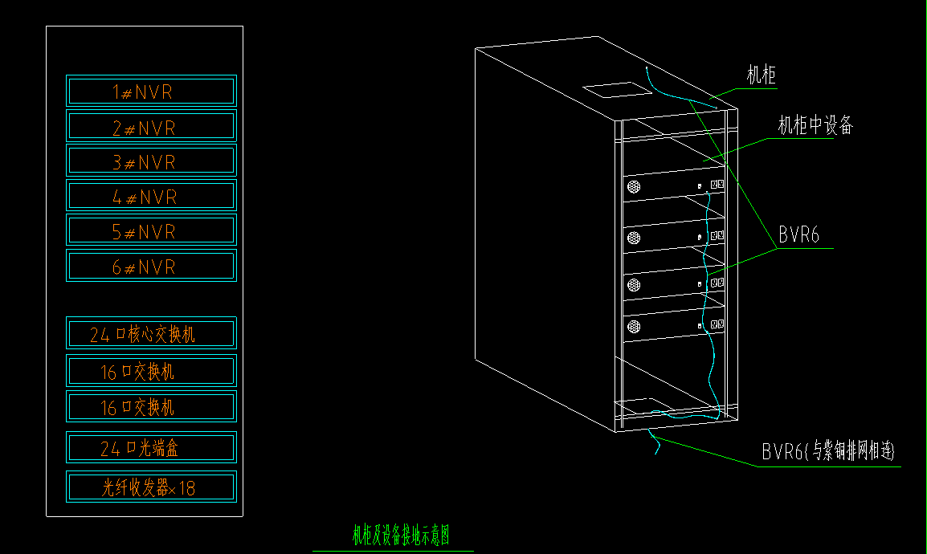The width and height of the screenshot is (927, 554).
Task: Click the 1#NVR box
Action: pos(151,91)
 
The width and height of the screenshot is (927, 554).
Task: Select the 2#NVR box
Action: pos(151,127)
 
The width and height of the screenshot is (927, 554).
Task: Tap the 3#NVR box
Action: pos(151,161)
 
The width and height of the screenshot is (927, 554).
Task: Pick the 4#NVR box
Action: pos(151,196)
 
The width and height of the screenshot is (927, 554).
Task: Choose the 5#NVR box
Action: pos(151,231)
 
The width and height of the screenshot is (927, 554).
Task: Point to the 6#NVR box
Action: pos(151,267)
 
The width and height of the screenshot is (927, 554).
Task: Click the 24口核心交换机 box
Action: pos(151,333)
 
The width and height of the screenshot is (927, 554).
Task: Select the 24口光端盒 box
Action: pos(151,448)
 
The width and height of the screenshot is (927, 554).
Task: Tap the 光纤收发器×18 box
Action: pos(151,487)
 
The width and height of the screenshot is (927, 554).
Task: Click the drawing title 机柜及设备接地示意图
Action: pos(401,536)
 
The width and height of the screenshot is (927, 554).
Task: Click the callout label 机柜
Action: pos(761,76)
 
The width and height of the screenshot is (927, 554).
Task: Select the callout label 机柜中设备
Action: pos(815,125)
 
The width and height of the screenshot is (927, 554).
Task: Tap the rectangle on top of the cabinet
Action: pos(615,88)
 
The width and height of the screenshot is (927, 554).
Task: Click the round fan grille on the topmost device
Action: pos(634,187)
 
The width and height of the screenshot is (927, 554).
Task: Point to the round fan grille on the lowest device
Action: pos(634,326)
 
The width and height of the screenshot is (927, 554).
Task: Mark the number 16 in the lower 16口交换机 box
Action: pos(108,408)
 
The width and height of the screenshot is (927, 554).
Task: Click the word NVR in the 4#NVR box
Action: pos(157,197)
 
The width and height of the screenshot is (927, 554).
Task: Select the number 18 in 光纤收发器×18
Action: pos(186,488)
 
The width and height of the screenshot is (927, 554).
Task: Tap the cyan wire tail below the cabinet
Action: pos(654,442)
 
